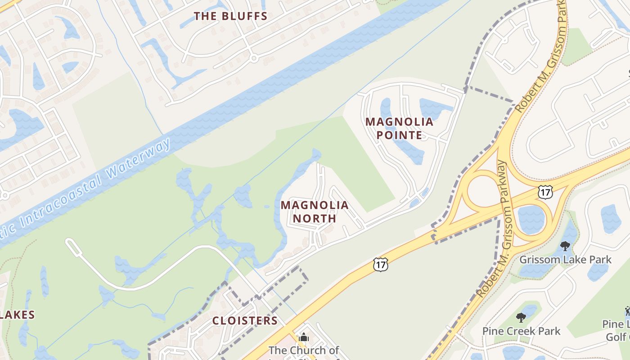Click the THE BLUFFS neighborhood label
point(230,16)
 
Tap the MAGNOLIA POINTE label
point(399,128)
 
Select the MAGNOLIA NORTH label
point(315,212)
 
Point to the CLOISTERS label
point(245,320)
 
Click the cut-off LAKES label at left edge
point(17,315)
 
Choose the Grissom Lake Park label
point(565,260)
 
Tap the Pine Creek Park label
point(521,331)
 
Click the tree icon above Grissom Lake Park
point(565,246)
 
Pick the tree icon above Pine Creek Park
point(521,318)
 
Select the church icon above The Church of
point(304,337)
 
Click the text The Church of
point(304,350)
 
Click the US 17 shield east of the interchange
point(544,192)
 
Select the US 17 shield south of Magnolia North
point(380,265)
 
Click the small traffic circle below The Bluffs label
point(253,58)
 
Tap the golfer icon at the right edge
point(627,310)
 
